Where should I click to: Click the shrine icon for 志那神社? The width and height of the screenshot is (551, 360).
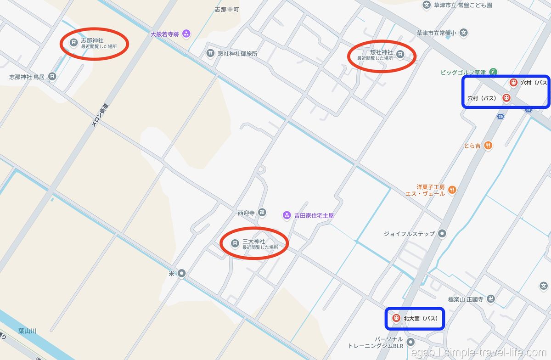(x=73, y=43)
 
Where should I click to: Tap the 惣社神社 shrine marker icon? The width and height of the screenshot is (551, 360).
(x=400, y=54)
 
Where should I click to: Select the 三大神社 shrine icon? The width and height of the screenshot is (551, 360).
(x=235, y=243)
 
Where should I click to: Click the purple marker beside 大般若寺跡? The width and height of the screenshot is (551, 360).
(x=186, y=33)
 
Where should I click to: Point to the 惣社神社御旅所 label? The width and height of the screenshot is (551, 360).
(x=237, y=53)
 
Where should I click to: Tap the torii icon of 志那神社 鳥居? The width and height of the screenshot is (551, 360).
(x=52, y=77)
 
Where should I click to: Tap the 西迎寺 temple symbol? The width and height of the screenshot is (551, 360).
(x=262, y=212)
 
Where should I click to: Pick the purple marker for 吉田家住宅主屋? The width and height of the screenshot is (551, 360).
(x=287, y=215)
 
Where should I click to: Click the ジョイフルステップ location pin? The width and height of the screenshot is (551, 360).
(x=442, y=234)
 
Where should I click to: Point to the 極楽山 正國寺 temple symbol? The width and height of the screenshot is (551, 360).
(x=491, y=299)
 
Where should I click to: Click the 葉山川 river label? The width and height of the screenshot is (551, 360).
(x=27, y=330)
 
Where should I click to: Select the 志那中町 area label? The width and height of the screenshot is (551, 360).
(x=227, y=9)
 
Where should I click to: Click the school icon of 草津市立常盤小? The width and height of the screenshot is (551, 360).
(x=464, y=33)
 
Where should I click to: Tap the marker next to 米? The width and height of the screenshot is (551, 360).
(x=182, y=273)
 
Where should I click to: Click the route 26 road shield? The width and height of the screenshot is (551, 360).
(x=500, y=117)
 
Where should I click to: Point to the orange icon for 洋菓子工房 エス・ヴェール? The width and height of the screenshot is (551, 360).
(x=453, y=189)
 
